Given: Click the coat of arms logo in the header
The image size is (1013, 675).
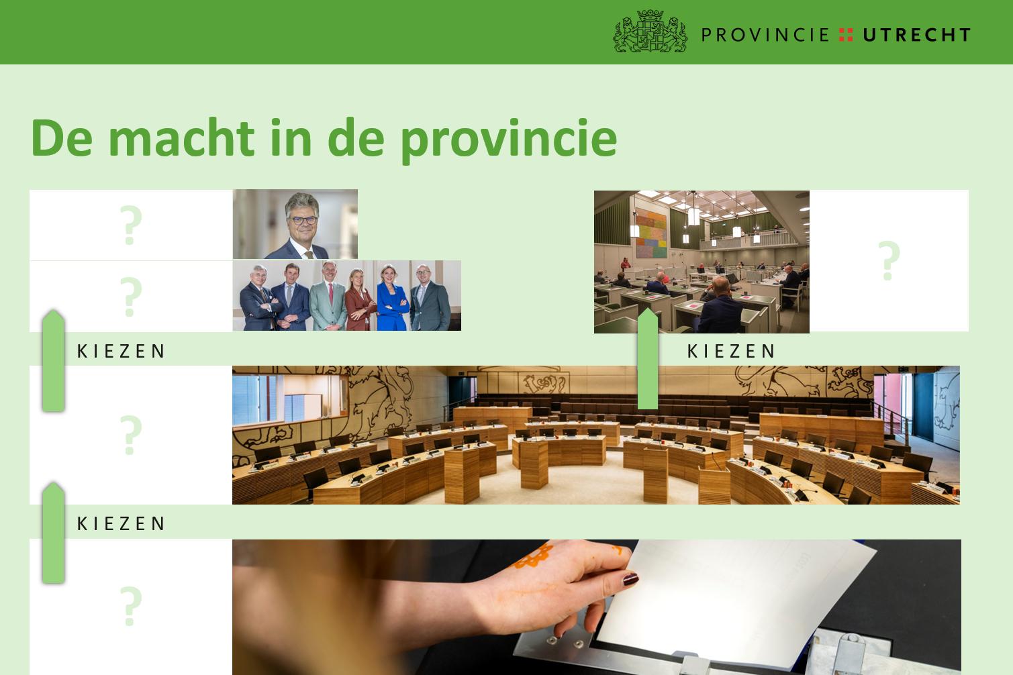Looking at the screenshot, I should click(x=650, y=32).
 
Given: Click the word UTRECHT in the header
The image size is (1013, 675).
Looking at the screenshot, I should click(x=917, y=35).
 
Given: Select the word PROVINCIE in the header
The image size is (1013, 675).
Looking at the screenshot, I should click(x=765, y=35).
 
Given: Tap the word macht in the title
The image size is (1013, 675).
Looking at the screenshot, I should click(x=181, y=138).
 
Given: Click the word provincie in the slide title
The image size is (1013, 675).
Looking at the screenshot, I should click(x=508, y=140).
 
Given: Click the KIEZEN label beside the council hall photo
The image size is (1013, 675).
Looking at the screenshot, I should click(x=731, y=351).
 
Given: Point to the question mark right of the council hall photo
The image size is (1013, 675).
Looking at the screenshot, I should click(x=889, y=260).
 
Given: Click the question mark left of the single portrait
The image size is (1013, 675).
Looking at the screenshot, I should click(x=131, y=225).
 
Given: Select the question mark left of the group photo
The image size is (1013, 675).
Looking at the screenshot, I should click(x=131, y=296).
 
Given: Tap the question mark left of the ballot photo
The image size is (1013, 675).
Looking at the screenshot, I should click(x=131, y=605).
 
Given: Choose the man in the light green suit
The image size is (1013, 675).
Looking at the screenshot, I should click(x=328, y=298).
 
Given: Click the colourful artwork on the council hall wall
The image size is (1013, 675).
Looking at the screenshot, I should click(x=650, y=232).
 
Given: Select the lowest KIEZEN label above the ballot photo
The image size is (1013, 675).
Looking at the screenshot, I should click(x=121, y=523).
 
